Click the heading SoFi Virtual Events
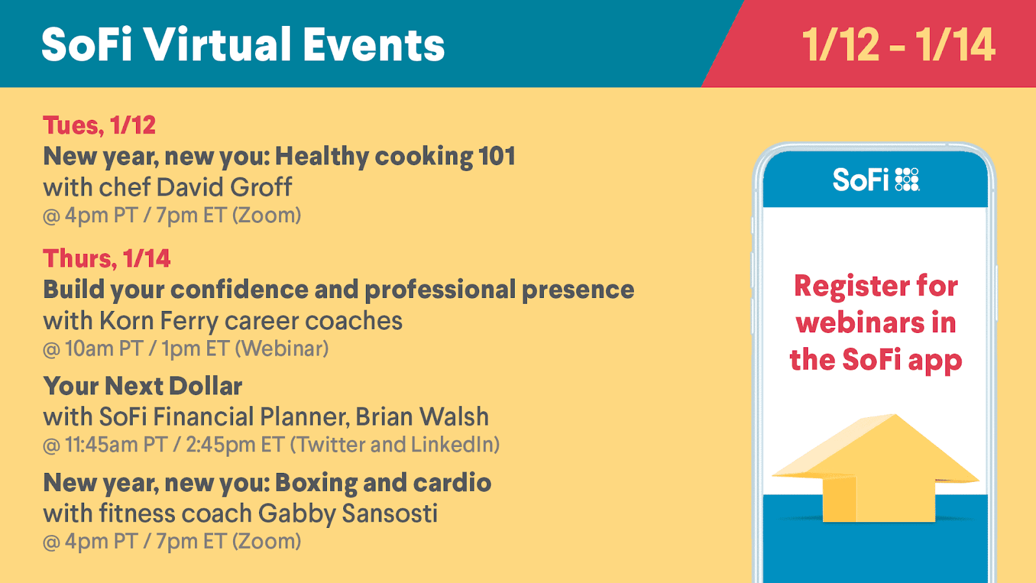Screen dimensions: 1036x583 243,45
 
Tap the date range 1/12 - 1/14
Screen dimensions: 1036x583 898,45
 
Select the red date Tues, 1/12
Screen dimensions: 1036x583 99,126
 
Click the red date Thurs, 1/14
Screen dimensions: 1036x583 107,258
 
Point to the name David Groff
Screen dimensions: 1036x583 224,187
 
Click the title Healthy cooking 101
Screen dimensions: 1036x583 396,156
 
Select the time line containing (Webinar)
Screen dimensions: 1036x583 185,349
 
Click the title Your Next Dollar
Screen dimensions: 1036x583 142,386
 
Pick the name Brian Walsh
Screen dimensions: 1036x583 422,417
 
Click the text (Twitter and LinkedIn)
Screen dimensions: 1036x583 395,444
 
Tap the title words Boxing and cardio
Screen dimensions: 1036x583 383,483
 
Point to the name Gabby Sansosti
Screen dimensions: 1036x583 347,514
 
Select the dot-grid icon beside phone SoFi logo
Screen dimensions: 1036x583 907,179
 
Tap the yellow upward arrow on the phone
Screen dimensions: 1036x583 875,468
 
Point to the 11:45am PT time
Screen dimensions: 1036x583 116,444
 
